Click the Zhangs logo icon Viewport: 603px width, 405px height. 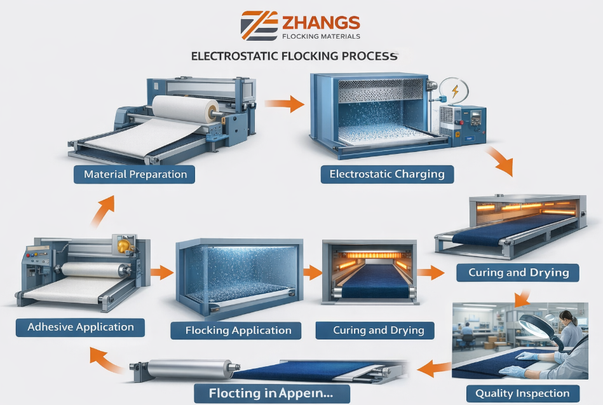259,25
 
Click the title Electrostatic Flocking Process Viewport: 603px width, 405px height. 294,56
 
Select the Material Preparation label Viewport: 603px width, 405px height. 135,174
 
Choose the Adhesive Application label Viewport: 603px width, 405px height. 81,327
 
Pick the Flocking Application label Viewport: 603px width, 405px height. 238,331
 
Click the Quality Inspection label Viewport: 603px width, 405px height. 522,394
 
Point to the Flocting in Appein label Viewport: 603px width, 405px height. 272,392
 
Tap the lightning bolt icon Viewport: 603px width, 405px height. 455,90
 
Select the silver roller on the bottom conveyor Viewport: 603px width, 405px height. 184,369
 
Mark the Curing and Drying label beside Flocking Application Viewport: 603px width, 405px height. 374,331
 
